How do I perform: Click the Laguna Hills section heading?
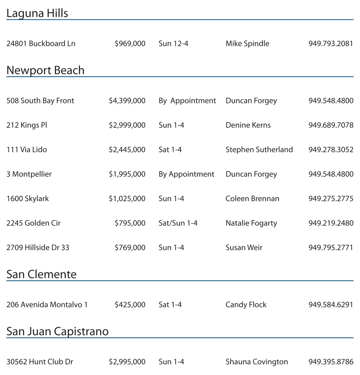pyautogui.click(x=37, y=14)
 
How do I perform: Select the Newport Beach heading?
pyautogui.click(x=45, y=70)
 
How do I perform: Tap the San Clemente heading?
pyautogui.click(x=41, y=274)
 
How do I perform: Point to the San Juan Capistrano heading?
pyautogui.click(x=57, y=332)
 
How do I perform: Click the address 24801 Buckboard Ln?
pyautogui.click(x=41, y=43)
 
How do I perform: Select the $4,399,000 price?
pyautogui.click(x=127, y=101)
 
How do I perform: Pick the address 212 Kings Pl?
pyautogui.click(x=27, y=125)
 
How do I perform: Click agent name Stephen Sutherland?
pyautogui.click(x=259, y=150)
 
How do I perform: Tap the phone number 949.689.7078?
pyautogui.click(x=331, y=125)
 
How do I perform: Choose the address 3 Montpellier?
pyautogui.click(x=29, y=174)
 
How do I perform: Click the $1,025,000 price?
pyautogui.click(x=127, y=199)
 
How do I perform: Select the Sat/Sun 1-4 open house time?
pyautogui.click(x=178, y=223)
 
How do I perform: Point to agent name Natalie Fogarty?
pyautogui.click(x=251, y=223)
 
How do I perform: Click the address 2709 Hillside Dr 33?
pyautogui.click(x=38, y=248)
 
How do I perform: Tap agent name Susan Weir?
pyautogui.click(x=244, y=248)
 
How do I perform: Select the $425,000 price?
pyautogui.click(x=130, y=305)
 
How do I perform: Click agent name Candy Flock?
pyautogui.click(x=246, y=305)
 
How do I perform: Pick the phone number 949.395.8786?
pyautogui.click(x=331, y=362)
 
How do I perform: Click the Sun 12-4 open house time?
pyautogui.click(x=173, y=43)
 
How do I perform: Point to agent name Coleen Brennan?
pyautogui.click(x=252, y=199)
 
